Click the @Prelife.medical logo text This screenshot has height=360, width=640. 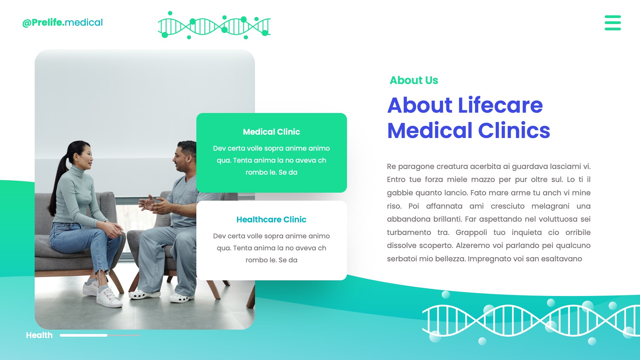(62, 23)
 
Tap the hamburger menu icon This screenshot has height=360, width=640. (612, 23)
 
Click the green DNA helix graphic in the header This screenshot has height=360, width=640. (214, 26)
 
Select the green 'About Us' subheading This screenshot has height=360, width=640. (414, 80)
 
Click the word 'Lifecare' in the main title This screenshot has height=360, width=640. (500, 105)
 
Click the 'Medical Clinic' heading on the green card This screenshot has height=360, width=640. (271, 132)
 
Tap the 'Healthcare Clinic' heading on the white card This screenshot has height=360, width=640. (271, 220)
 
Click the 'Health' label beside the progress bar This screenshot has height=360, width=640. (39, 335)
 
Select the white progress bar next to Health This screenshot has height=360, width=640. (84, 335)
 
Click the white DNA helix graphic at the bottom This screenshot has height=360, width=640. (530, 320)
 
